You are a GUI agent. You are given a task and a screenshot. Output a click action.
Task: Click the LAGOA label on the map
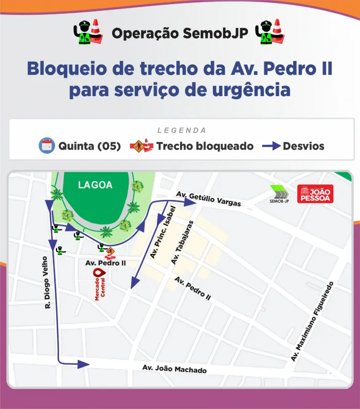pyautogui.click(x=95, y=185)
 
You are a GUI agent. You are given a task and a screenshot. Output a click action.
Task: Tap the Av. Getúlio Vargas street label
pyautogui.click(x=208, y=199)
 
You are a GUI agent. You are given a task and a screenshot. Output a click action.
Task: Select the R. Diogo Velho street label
pyautogui.click(x=47, y=282)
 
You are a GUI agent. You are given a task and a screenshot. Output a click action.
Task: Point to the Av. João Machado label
pyautogui.click(x=174, y=369)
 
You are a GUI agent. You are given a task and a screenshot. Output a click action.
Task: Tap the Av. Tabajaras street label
pyautogui.click(x=183, y=243)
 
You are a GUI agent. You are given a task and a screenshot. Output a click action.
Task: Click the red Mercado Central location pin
pyautogui.click(x=98, y=273)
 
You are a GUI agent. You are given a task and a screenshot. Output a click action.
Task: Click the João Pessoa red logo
pyautogui.click(x=315, y=193)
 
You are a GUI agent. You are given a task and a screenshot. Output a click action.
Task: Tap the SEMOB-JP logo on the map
pyautogui.click(x=280, y=194)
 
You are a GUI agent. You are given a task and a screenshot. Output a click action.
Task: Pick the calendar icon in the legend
pyautogui.click(x=47, y=146)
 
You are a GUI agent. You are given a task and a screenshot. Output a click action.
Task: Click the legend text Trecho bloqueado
pyautogui.click(x=205, y=146)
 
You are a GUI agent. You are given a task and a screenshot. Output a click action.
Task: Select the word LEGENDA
pyautogui.click(x=182, y=131)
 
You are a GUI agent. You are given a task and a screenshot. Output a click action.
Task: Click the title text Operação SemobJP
pyautogui.click(x=180, y=33)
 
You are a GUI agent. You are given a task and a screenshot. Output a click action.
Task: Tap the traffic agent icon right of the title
pyautogui.click(x=271, y=33)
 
